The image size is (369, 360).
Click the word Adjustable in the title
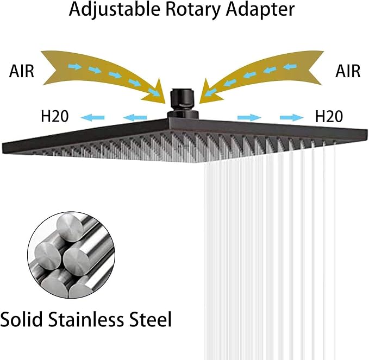114,10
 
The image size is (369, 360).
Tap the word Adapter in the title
260,10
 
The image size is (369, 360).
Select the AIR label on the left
22,71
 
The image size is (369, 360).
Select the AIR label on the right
348,71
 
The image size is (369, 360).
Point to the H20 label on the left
55,116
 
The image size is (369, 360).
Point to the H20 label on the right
329,116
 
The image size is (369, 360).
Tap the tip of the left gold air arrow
165,103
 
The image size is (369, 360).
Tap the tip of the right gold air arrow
199,103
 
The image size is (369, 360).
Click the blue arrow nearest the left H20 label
92,117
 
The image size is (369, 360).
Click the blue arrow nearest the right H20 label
292,117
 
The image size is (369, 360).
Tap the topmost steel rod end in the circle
70,227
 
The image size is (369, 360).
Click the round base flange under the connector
183,115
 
